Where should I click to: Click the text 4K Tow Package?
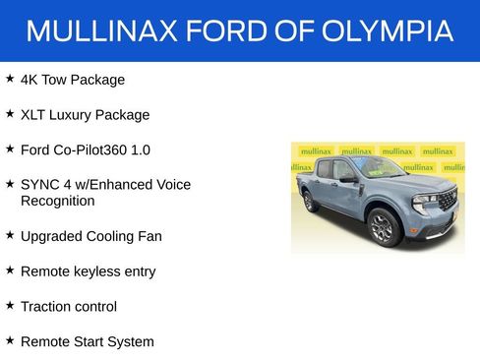[x=73, y=79]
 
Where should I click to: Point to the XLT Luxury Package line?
[x=85, y=114]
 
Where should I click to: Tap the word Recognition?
[x=57, y=201]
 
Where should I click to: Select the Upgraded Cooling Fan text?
[x=90, y=236]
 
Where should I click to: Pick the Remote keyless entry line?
[x=88, y=270]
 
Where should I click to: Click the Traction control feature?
[x=68, y=306]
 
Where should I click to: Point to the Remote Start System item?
[x=87, y=341]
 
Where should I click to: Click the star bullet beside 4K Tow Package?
[x=10, y=78]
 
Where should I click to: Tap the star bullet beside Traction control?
[x=10, y=305]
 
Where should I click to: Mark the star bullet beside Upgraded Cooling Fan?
[x=10, y=235]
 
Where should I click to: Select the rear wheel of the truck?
[x=311, y=201]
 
